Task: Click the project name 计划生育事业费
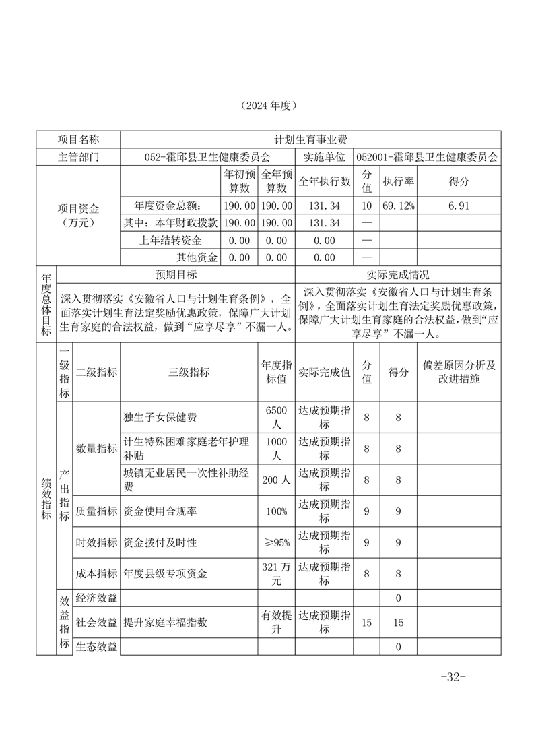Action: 310,139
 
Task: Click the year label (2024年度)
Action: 267,106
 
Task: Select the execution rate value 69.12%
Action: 399,206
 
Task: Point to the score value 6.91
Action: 459,206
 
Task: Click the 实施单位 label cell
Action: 324,157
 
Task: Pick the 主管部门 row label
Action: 79,157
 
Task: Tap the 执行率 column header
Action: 399,181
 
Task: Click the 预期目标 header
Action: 176,275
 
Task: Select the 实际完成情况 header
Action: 398,275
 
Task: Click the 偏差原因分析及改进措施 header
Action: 459,372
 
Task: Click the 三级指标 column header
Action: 189,372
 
